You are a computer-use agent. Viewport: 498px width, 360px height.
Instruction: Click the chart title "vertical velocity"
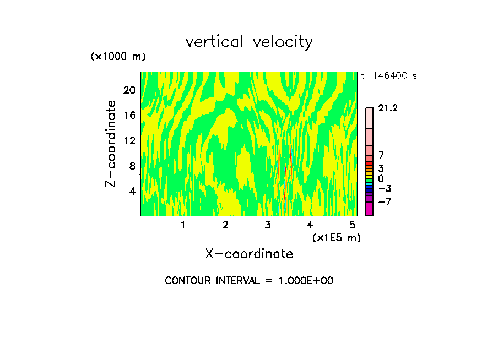tap(249, 42)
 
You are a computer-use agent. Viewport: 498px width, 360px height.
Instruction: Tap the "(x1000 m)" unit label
tap(117, 57)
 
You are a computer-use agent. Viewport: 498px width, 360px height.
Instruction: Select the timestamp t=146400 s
tap(389, 75)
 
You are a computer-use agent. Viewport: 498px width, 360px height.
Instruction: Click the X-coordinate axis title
tap(249, 254)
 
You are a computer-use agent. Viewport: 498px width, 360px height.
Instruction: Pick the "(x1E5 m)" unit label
tap(336, 237)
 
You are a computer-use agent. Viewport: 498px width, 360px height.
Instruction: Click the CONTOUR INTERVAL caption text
tap(249, 281)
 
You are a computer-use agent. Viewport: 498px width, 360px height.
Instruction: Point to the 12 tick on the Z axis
tap(129, 140)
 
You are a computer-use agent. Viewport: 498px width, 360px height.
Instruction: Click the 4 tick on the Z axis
tap(132, 191)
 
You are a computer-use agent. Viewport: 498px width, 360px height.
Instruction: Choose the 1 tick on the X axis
tap(183, 225)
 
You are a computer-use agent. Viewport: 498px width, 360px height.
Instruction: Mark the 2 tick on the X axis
tap(225, 225)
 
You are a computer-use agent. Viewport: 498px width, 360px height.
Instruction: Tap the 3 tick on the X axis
tap(268, 225)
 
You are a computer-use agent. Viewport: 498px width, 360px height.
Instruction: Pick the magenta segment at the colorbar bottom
tap(369, 209)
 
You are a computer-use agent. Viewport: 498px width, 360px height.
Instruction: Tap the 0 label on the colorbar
tap(381, 178)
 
